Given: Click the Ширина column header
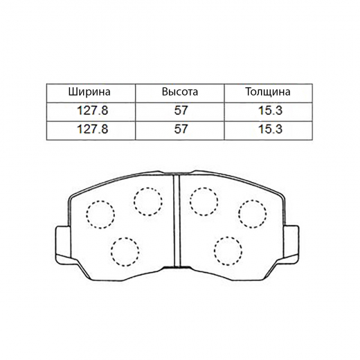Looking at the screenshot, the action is click(89, 92).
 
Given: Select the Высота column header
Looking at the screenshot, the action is click(180, 92).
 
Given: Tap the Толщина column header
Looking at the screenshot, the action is click(268, 92).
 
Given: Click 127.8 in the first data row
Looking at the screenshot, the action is click(92, 111).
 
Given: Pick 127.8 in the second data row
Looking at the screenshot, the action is click(92, 129).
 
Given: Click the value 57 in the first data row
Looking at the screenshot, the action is click(181, 111).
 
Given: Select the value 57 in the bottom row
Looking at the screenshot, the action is click(181, 129).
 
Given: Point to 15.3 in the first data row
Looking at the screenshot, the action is click(270, 111).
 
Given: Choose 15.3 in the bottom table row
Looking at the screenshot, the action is click(270, 129).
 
